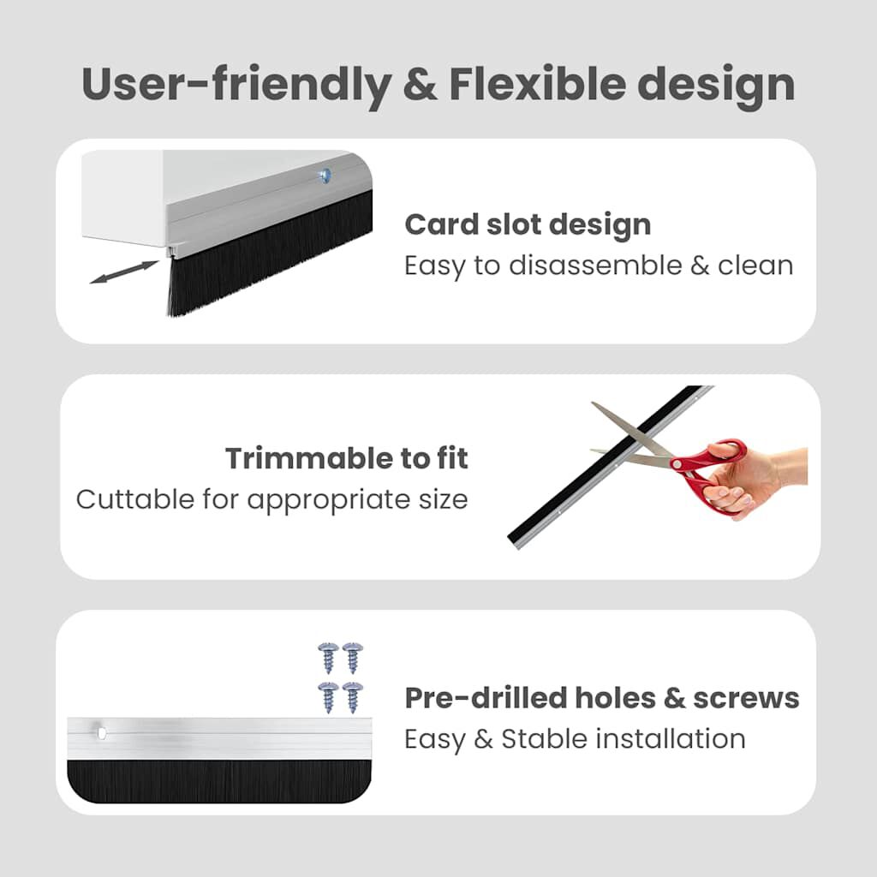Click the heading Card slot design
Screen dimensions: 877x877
pyautogui.click(x=528, y=224)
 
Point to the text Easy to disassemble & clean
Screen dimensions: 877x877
pyautogui.click(x=599, y=265)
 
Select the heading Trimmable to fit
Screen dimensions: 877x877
pyautogui.click(x=347, y=458)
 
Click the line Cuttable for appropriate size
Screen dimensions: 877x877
pyautogui.click(x=272, y=498)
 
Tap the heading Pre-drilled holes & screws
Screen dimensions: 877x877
pyautogui.click(x=601, y=698)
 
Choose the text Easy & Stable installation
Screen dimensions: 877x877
pyautogui.click(x=575, y=738)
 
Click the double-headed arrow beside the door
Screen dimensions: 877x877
pyautogui.click(x=123, y=273)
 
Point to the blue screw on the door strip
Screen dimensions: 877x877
pyautogui.click(x=325, y=175)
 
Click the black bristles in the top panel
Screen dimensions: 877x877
pyautogui.click(x=265, y=257)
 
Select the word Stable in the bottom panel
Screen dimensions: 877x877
pyautogui.click(x=541, y=738)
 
